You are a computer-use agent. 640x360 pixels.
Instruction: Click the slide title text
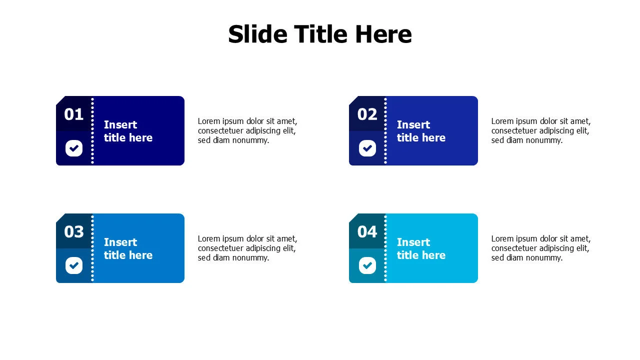click(x=320, y=34)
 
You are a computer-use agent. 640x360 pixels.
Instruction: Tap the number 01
click(x=73, y=114)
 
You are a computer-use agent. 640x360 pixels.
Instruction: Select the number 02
click(x=367, y=114)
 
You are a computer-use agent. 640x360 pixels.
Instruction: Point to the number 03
click(x=73, y=231)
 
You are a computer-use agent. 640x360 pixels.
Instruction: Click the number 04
click(x=367, y=231)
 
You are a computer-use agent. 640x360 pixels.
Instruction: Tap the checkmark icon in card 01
click(x=74, y=148)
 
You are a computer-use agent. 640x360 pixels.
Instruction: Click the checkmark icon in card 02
click(x=367, y=148)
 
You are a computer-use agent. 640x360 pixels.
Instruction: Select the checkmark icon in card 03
click(x=74, y=265)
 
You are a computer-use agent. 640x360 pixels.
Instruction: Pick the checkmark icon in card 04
click(x=367, y=265)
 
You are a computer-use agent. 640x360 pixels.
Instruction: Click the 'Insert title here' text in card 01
click(x=128, y=131)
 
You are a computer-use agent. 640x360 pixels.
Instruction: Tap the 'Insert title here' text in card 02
click(x=421, y=131)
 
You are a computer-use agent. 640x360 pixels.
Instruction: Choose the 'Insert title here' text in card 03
click(x=128, y=248)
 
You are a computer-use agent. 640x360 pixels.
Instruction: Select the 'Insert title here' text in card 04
click(x=421, y=248)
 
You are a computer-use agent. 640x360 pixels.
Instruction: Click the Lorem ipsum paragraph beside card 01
click(x=247, y=130)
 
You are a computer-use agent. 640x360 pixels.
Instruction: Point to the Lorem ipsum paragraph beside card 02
click(x=541, y=130)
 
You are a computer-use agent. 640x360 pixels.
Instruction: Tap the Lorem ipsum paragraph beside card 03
click(x=247, y=248)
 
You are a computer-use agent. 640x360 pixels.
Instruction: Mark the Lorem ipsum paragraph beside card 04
click(x=541, y=248)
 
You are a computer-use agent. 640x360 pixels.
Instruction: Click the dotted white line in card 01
click(x=92, y=131)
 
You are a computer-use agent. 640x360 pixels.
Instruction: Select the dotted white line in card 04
click(x=385, y=248)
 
